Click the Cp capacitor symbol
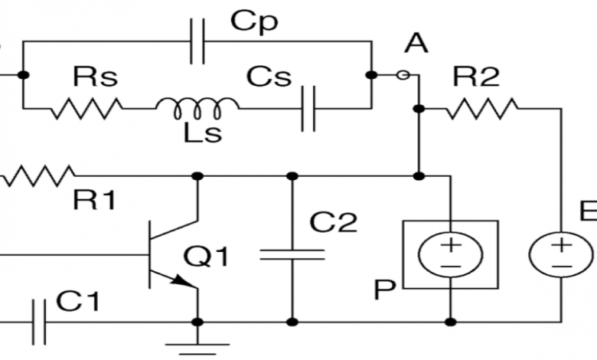(197, 45)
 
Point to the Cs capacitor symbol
(309, 107)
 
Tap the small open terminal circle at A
(406, 75)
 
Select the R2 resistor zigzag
(483, 108)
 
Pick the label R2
(477, 77)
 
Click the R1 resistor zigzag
(38, 177)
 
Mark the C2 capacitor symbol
(292, 254)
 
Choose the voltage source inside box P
(450, 254)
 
